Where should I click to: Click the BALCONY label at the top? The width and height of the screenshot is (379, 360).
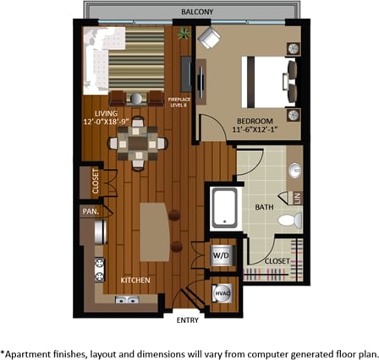pyautogui.click(x=197, y=13)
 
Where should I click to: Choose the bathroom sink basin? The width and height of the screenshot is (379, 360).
pyautogui.click(x=294, y=172)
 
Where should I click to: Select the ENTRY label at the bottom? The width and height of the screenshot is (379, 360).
pyautogui.click(x=187, y=320)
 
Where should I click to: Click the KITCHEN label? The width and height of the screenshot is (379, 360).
pyautogui.click(x=135, y=280)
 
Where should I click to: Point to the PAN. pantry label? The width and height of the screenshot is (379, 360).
pyautogui.click(x=89, y=211)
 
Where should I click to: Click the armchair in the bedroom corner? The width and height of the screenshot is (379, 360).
pyautogui.click(x=209, y=38)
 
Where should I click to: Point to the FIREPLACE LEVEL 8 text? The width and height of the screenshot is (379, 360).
pyautogui.click(x=179, y=101)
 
